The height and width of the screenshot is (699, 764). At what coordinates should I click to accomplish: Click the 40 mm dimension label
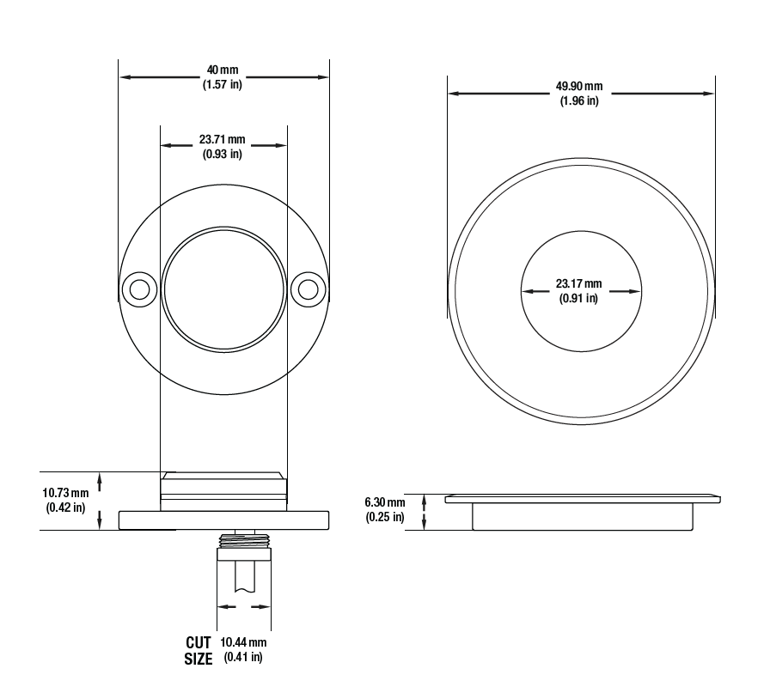click(x=223, y=70)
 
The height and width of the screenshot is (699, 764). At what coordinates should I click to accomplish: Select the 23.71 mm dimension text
click(x=223, y=140)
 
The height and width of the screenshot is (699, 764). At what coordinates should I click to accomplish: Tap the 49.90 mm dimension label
click(x=579, y=86)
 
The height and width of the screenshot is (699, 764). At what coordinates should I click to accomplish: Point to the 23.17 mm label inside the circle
click(x=579, y=283)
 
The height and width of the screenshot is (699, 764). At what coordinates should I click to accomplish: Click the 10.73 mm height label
click(x=66, y=493)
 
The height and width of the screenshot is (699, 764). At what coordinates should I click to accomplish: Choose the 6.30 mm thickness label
click(x=385, y=501)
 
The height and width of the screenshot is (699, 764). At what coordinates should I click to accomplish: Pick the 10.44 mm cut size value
click(x=243, y=642)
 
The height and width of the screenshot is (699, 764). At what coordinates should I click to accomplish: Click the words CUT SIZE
click(x=199, y=651)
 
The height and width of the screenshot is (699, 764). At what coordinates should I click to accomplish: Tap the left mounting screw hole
click(x=140, y=290)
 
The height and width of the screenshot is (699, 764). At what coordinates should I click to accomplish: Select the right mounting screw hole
click(x=308, y=290)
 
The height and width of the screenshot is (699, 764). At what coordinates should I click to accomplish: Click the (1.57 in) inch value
click(x=223, y=84)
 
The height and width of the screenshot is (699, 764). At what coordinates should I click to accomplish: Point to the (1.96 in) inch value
click(x=579, y=100)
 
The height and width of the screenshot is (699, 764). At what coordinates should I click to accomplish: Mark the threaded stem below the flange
click(x=244, y=539)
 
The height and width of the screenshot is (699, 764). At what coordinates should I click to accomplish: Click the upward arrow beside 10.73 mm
click(x=100, y=483)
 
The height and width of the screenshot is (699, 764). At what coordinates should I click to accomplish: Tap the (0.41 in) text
click(x=243, y=657)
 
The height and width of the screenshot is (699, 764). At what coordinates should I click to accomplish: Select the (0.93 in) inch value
click(x=223, y=154)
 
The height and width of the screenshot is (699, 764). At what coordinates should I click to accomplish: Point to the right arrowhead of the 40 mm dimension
click(x=323, y=77)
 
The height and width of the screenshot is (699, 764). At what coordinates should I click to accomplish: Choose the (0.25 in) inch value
click(x=385, y=516)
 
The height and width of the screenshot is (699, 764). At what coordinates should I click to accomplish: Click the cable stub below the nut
click(x=244, y=577)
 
